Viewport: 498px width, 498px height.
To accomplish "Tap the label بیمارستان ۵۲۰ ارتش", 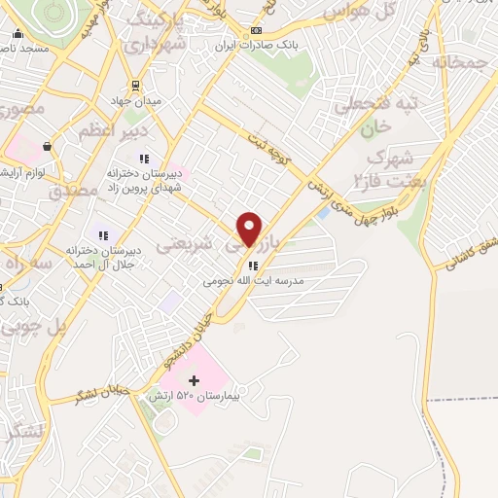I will click(x=193, y=398).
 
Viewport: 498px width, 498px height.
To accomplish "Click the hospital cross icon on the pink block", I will click(x=194, y=380).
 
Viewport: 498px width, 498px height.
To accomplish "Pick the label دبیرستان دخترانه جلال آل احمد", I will click(x=104, y=257).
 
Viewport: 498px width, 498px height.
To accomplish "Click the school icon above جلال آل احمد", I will click(x=102, y=235).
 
